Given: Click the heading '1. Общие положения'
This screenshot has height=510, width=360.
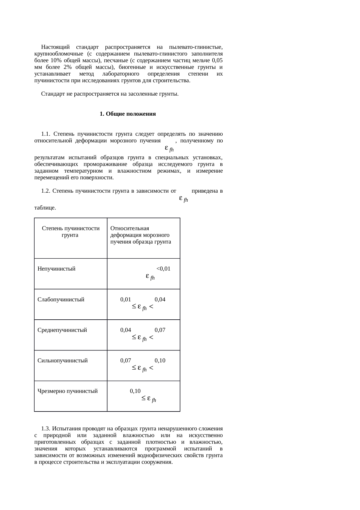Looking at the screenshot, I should point(127,114).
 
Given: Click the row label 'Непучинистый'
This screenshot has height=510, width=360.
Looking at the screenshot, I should point(56,269).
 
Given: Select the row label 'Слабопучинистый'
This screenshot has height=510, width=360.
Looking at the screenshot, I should point(61,299).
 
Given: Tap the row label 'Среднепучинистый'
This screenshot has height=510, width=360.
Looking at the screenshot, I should point(62,330).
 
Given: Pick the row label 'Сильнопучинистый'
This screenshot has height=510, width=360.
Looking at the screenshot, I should point(62,360).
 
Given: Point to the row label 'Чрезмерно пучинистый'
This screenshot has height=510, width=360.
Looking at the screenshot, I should point(67,391).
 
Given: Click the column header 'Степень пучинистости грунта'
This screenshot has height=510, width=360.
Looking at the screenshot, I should point(71,232).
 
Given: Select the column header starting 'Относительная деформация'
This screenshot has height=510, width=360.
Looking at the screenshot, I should point(141,235).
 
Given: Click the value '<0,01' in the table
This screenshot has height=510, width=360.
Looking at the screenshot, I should point(163,269).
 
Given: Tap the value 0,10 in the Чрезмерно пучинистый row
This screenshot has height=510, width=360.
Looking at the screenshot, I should point(135,391).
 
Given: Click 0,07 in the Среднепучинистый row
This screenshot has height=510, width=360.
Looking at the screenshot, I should point(160,330).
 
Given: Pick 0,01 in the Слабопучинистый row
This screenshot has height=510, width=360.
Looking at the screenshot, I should point(126,299).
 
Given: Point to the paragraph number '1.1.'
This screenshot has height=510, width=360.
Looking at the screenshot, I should point(46,134).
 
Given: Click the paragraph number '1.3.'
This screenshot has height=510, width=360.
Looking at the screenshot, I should point(46,428).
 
